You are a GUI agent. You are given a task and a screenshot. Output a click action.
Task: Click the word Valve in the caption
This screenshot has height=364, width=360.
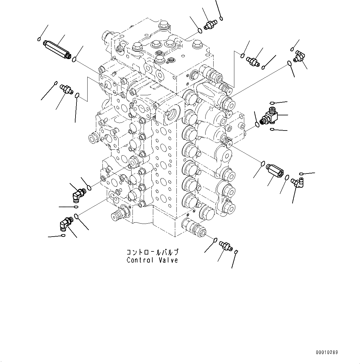(x=167, y=260)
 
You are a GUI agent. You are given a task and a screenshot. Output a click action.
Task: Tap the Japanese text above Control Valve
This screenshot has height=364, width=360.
(x=152, y=252)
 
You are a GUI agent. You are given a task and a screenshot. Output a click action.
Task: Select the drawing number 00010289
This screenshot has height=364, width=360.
(x=327, y=352)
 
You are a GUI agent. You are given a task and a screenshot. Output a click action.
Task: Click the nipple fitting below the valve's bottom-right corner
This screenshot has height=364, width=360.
(x=225, y=246)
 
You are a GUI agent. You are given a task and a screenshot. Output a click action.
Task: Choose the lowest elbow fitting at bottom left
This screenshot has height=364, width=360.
(x=66, y=223)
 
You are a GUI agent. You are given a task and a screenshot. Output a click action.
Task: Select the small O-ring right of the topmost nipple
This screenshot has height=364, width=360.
(x=222, y=19)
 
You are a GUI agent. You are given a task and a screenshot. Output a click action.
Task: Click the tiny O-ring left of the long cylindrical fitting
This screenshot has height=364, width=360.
(x=39, y=39)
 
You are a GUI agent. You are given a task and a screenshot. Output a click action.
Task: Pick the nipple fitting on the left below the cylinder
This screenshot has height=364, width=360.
(x=66, y=89)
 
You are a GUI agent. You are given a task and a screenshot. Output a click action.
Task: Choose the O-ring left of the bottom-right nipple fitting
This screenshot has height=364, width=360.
(x=215, y=240)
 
